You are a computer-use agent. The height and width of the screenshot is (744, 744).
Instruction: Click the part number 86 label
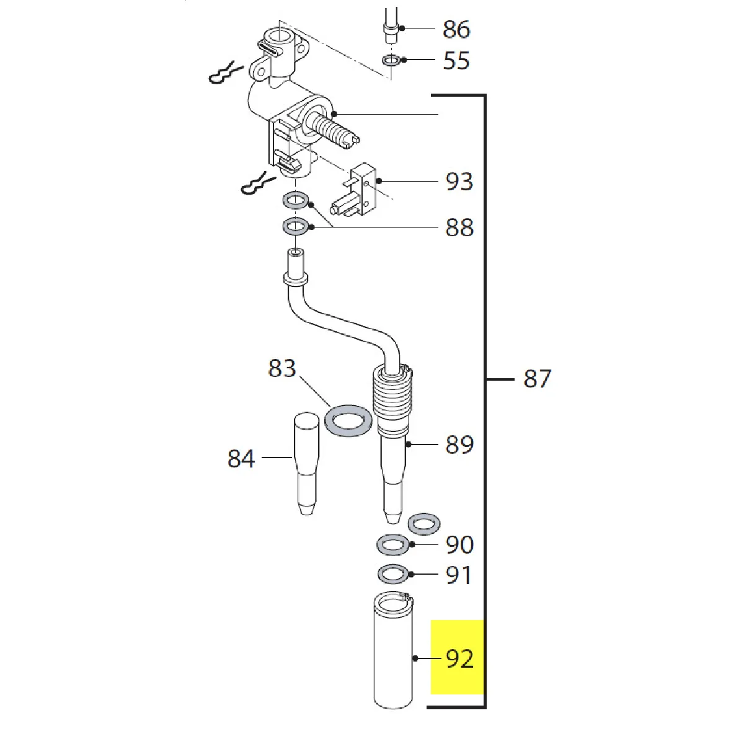pyautogui.click(x=456, y=29)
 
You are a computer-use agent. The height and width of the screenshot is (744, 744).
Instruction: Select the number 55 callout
pyautogui.click(x=456, y=61)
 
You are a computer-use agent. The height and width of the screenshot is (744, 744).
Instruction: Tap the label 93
pyautogui.click(x=459, y=182)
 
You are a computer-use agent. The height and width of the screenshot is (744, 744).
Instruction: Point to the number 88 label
pyautogui.click(x=459, y=228)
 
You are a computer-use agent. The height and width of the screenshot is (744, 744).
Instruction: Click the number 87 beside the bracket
pyautogui.click(x=537, y=379)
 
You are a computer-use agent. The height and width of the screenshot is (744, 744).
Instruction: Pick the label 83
pyautogui.click(x=282, y=368)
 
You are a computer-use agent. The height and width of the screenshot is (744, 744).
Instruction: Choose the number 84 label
pyautogui.click(x=241, y=459)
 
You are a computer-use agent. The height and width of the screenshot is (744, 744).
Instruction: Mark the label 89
pyautogui.click(x=459, y=445)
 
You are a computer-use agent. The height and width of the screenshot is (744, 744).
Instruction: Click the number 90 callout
pyautogui.click(x=459, y=545)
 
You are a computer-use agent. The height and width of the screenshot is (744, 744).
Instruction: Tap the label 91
pyautogui.click(x=459, y=575)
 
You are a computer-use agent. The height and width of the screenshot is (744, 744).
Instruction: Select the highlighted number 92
pyautogui.click(x=459, y=658)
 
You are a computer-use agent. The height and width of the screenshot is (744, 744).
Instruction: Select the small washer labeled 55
pyautogui.click(x=391, y=60)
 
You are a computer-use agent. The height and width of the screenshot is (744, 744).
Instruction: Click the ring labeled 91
pyautogui.click(x=392, y=574)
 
